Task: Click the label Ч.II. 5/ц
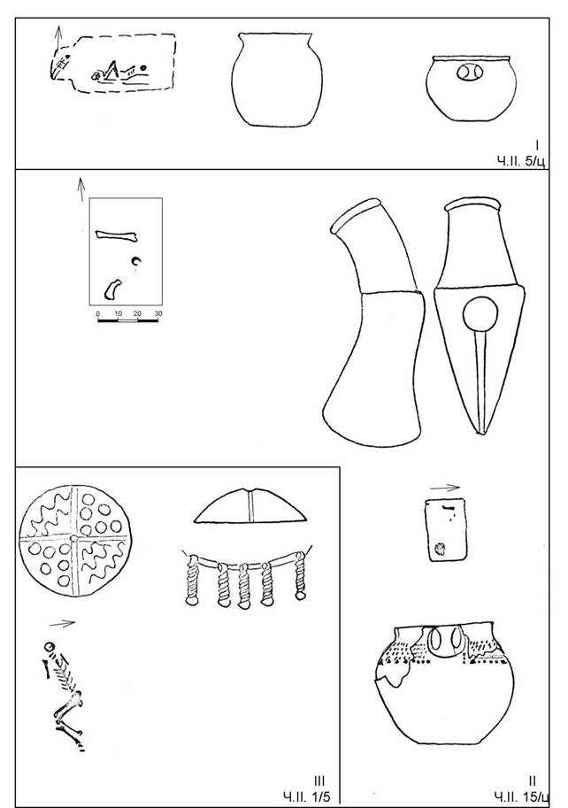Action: coord(520,162)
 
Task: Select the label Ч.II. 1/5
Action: coord(307,797)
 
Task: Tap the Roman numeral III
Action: coord(319,781)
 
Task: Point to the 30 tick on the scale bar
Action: coord(158,314)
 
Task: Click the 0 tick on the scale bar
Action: coord(98,314)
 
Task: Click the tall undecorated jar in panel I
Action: coord(277,80)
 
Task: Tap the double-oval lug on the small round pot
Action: coord(469,73)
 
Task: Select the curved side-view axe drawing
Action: coord(374,323)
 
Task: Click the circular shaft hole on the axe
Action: coord(480,314)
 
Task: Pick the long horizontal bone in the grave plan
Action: coord(117,235)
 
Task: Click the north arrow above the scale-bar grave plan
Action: coord(81,189)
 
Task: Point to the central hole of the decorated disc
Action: coord(74,538)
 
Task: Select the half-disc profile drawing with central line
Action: coord(250,506)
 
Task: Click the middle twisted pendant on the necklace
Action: coord(243,587)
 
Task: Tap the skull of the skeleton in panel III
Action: coord(50,647)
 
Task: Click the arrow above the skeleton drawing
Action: coord(62,624)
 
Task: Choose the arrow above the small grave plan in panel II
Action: coord(444,488)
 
